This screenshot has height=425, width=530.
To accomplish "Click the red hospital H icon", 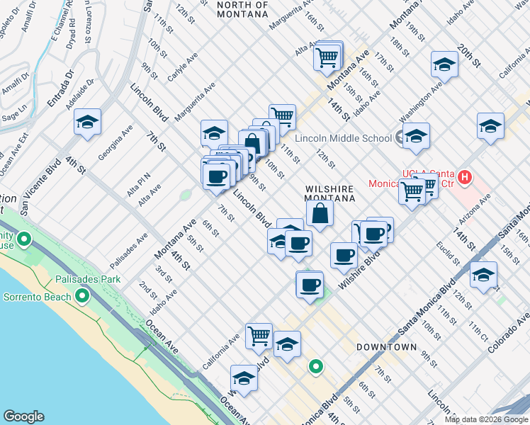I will (465, 177).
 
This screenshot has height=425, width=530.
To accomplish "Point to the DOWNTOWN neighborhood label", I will (386, 347).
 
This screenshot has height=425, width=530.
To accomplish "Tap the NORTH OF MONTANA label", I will (243, 9).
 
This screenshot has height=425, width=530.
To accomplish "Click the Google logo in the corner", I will (23, 416).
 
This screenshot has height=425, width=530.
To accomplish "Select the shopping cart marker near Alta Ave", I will (326, 57).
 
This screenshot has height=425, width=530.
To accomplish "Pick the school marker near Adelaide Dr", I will (88, 123).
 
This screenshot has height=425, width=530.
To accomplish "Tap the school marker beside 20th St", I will (444, 65).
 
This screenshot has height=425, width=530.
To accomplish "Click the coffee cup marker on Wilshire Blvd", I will (344, 255).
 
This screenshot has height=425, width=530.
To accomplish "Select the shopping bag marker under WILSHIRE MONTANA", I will (320, 213).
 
